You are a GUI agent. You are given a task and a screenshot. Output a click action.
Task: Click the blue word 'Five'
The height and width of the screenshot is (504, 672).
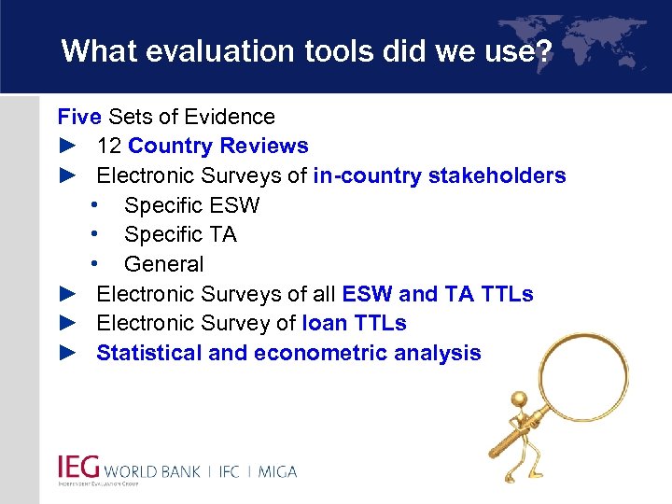(79, 117)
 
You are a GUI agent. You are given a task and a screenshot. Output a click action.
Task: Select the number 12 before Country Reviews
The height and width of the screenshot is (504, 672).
(109, 147)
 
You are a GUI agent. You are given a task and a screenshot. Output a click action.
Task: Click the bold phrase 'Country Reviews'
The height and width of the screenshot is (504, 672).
(218, 147)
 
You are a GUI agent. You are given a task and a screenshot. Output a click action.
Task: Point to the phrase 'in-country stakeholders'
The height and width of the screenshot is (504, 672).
(440, 175)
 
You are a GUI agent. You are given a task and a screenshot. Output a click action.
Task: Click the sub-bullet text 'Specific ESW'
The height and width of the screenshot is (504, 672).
(191, 205)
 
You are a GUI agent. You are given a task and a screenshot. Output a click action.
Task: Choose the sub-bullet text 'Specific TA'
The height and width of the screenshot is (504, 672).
(180, 234)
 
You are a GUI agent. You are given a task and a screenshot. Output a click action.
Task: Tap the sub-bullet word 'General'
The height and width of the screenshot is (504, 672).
(163, 264)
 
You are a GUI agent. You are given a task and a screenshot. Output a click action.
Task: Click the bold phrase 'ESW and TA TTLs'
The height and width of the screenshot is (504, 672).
(438, 294)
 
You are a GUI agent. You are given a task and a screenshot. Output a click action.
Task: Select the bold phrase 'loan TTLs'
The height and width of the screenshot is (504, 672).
(355, 323)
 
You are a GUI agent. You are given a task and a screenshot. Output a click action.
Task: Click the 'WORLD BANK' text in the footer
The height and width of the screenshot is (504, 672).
(152, 471)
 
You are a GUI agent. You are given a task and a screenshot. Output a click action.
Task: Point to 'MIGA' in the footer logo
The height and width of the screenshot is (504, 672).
(275, 471)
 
